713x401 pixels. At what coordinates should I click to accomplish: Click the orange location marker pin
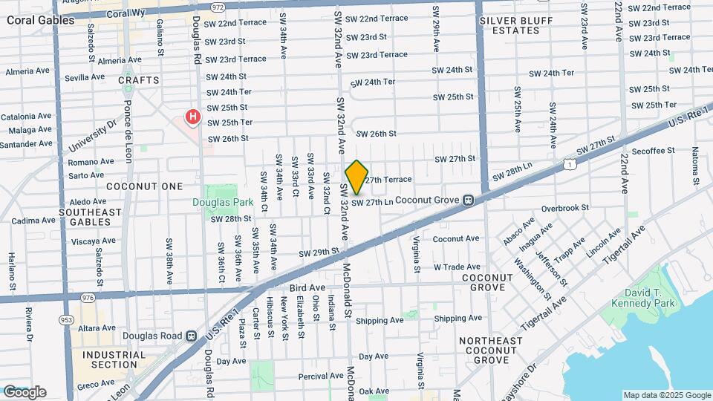coord(357,177)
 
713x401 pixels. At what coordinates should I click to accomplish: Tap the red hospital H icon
coord(193,117)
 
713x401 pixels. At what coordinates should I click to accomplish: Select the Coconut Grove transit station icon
coord(469,200)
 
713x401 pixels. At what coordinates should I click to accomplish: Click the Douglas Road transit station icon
coord(191,336)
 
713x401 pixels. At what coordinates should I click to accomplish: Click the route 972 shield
coord(217,7)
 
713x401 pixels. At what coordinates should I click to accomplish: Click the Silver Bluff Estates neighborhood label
coord(509,25)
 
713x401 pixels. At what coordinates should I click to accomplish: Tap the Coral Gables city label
coord(40,20)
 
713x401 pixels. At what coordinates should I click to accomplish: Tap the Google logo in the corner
coord(25,392)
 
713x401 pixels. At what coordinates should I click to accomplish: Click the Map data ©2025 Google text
coord(665,395)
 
